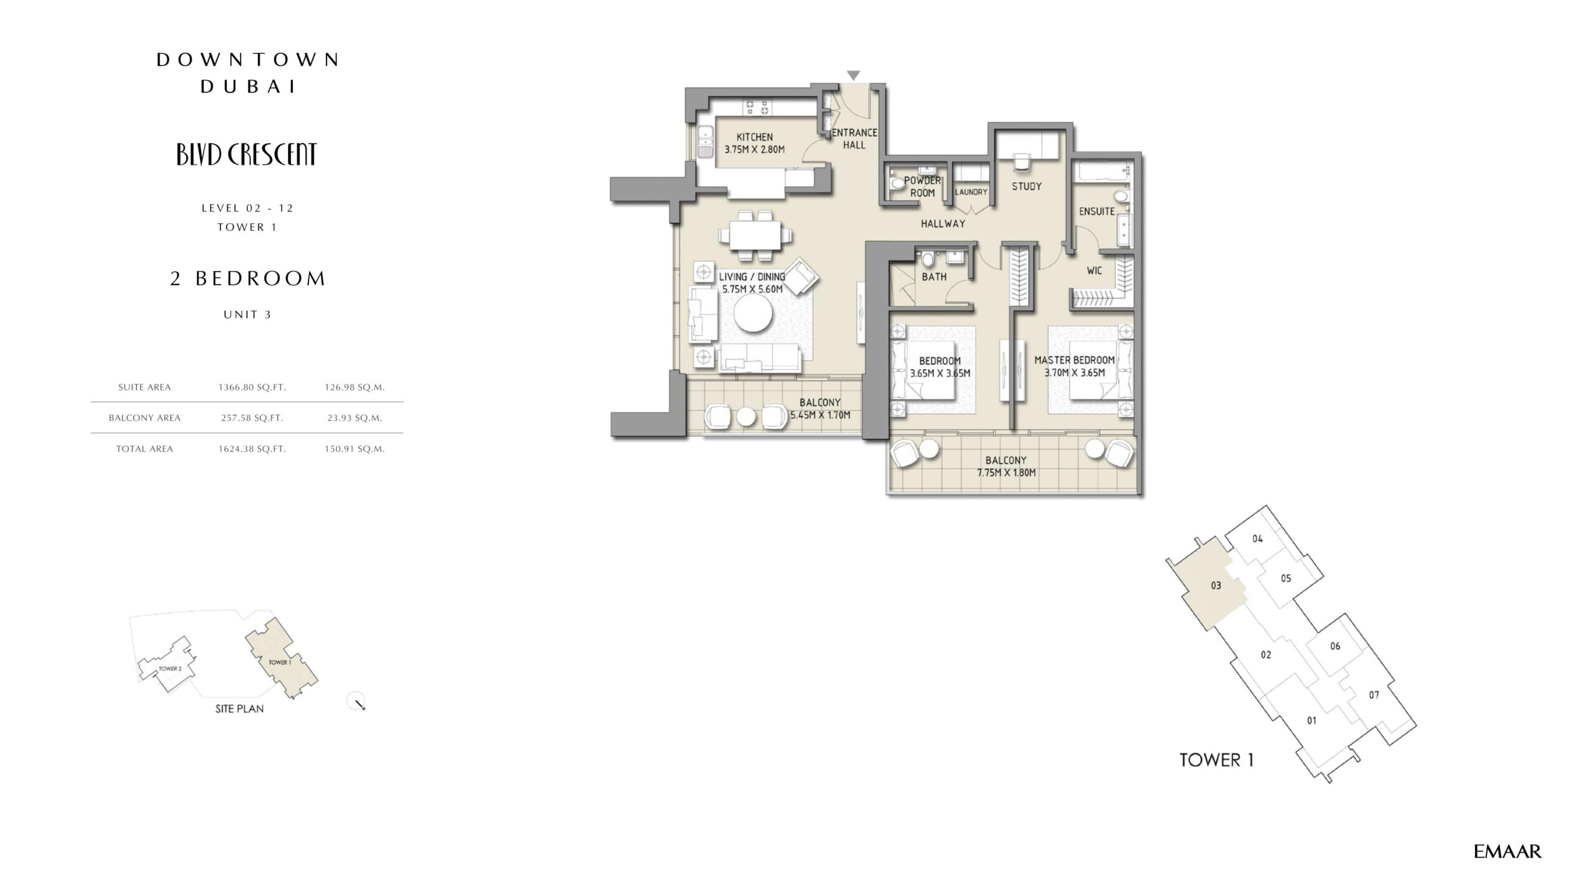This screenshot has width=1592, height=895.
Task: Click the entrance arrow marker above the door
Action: point(854,75)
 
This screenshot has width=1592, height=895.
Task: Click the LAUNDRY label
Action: point(971,192)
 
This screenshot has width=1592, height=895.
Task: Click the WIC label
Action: point(1094,271)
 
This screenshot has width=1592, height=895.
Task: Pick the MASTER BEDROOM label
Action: point(1075,360)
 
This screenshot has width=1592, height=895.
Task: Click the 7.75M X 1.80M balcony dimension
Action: point(1006,473)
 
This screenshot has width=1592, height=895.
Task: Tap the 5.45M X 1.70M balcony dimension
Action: point(820,415)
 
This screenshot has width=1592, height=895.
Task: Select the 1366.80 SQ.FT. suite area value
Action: point(252,387)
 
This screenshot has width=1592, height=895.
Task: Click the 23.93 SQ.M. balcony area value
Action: point(354,418)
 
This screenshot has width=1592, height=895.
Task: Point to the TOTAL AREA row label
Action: point(144,449)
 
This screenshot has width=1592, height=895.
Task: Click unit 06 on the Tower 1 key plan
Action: point(1335,646)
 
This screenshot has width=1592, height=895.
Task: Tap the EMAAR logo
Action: point(1507,851)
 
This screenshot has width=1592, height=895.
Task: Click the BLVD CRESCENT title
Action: point(247,155)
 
